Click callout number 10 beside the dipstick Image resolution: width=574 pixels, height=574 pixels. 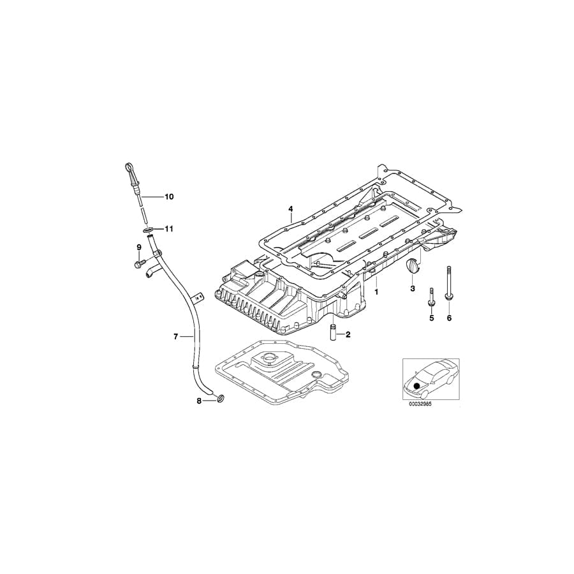[x=169, y=197]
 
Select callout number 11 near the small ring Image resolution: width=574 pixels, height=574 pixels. [x=169, y=228]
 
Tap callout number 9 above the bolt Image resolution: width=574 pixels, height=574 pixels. [x=138, y=247]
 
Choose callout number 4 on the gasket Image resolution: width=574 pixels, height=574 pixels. [x=290, y=209]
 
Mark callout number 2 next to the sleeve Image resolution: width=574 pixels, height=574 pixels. [x=348, y=334]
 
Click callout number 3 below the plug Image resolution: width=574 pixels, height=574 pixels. [x=413, y=289]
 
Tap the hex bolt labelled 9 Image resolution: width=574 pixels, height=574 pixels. [x=138, y=261]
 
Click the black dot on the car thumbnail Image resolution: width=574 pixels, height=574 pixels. [x=417, y=386]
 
